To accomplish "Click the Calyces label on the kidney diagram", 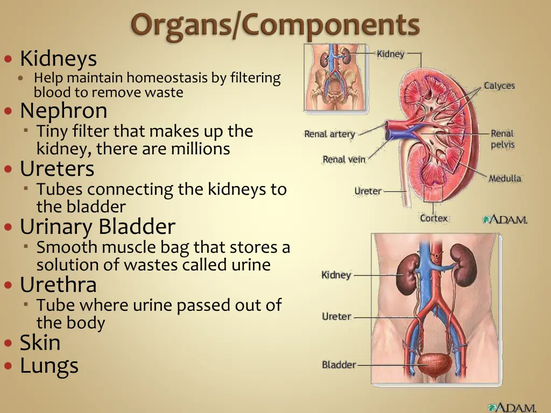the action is [x=499, y=86].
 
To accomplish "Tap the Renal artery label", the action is [x=329, y=134].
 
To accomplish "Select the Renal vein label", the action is [x=344, y=159].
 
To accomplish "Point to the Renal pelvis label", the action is [x=502, y=139].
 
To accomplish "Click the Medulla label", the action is [x=505, y=179].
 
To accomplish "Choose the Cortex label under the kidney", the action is [x=434, y=218].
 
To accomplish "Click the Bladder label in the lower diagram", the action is [x=338, y=365].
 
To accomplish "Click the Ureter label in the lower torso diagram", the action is [x=336, y=316].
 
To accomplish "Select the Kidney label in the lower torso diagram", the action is [x=336, y=275].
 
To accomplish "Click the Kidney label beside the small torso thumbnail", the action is [x=390, y=54].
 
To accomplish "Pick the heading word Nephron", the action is [x=63, y=111].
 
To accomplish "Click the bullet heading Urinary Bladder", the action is [x=97, y=226].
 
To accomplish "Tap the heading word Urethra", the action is [x=58, y=284].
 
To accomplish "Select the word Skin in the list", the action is [x=40, y=342].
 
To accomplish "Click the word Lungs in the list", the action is [x=49, y=366].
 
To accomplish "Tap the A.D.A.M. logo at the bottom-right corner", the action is [x=512, y=407].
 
